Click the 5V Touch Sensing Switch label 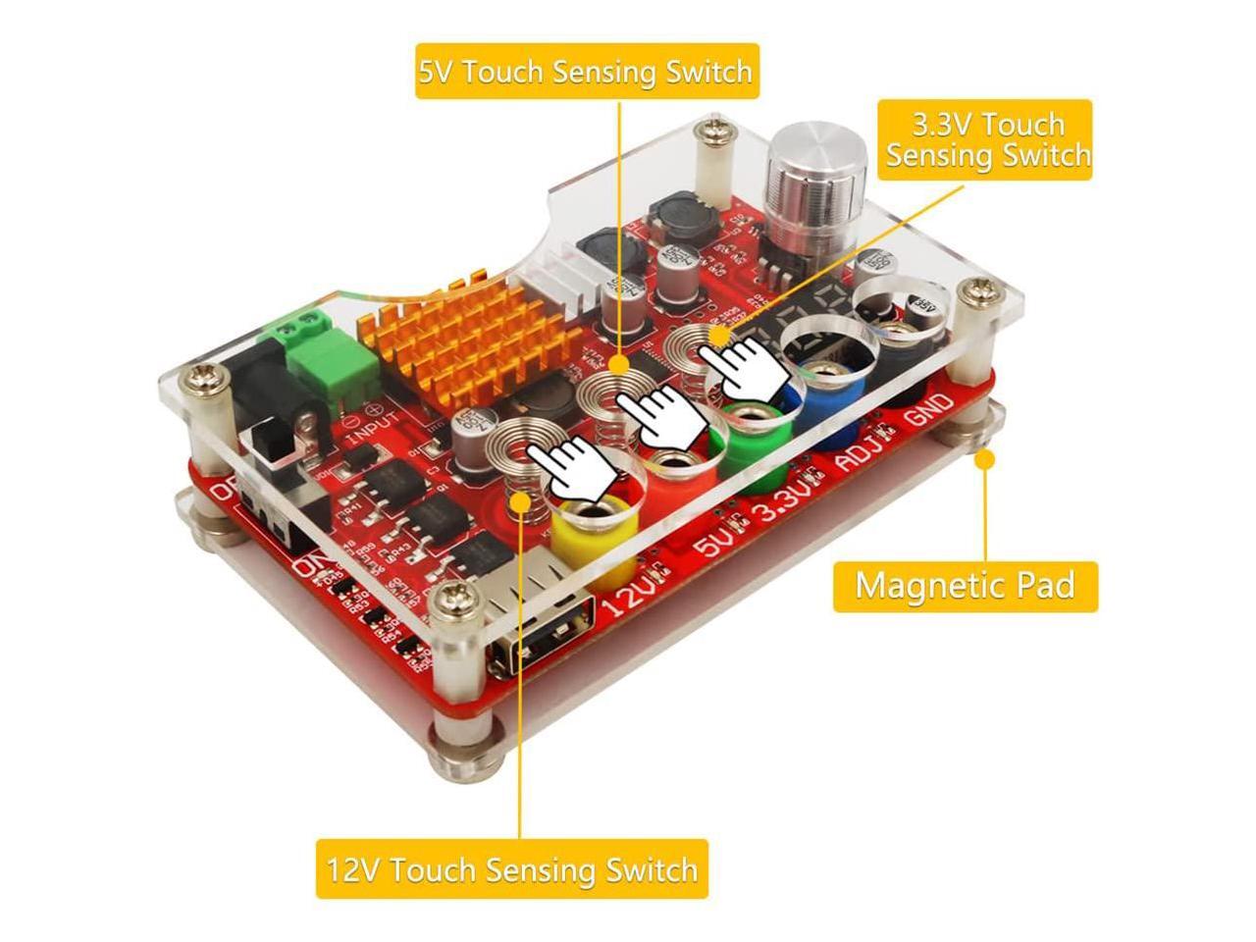586,72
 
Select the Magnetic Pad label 965,586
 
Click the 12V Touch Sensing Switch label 511,869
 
